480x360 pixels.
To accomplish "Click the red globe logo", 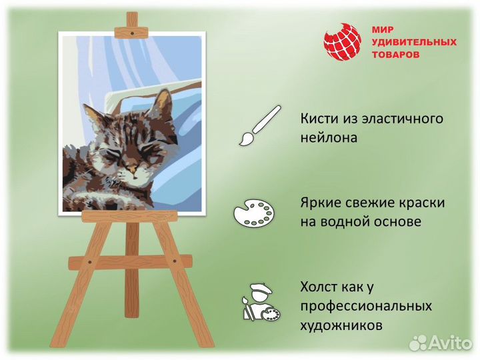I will (x=342, y=42).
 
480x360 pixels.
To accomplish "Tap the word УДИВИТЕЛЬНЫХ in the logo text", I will (x=414, y=42).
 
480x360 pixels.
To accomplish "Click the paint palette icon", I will (x=254, y=214).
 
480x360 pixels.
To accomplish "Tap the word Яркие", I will (x=321, y=202).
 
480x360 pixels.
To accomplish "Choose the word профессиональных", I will (x=366, y=306).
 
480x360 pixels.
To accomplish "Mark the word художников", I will (x=341, y=325).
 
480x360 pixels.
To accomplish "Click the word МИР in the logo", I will (x=383, y=30).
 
